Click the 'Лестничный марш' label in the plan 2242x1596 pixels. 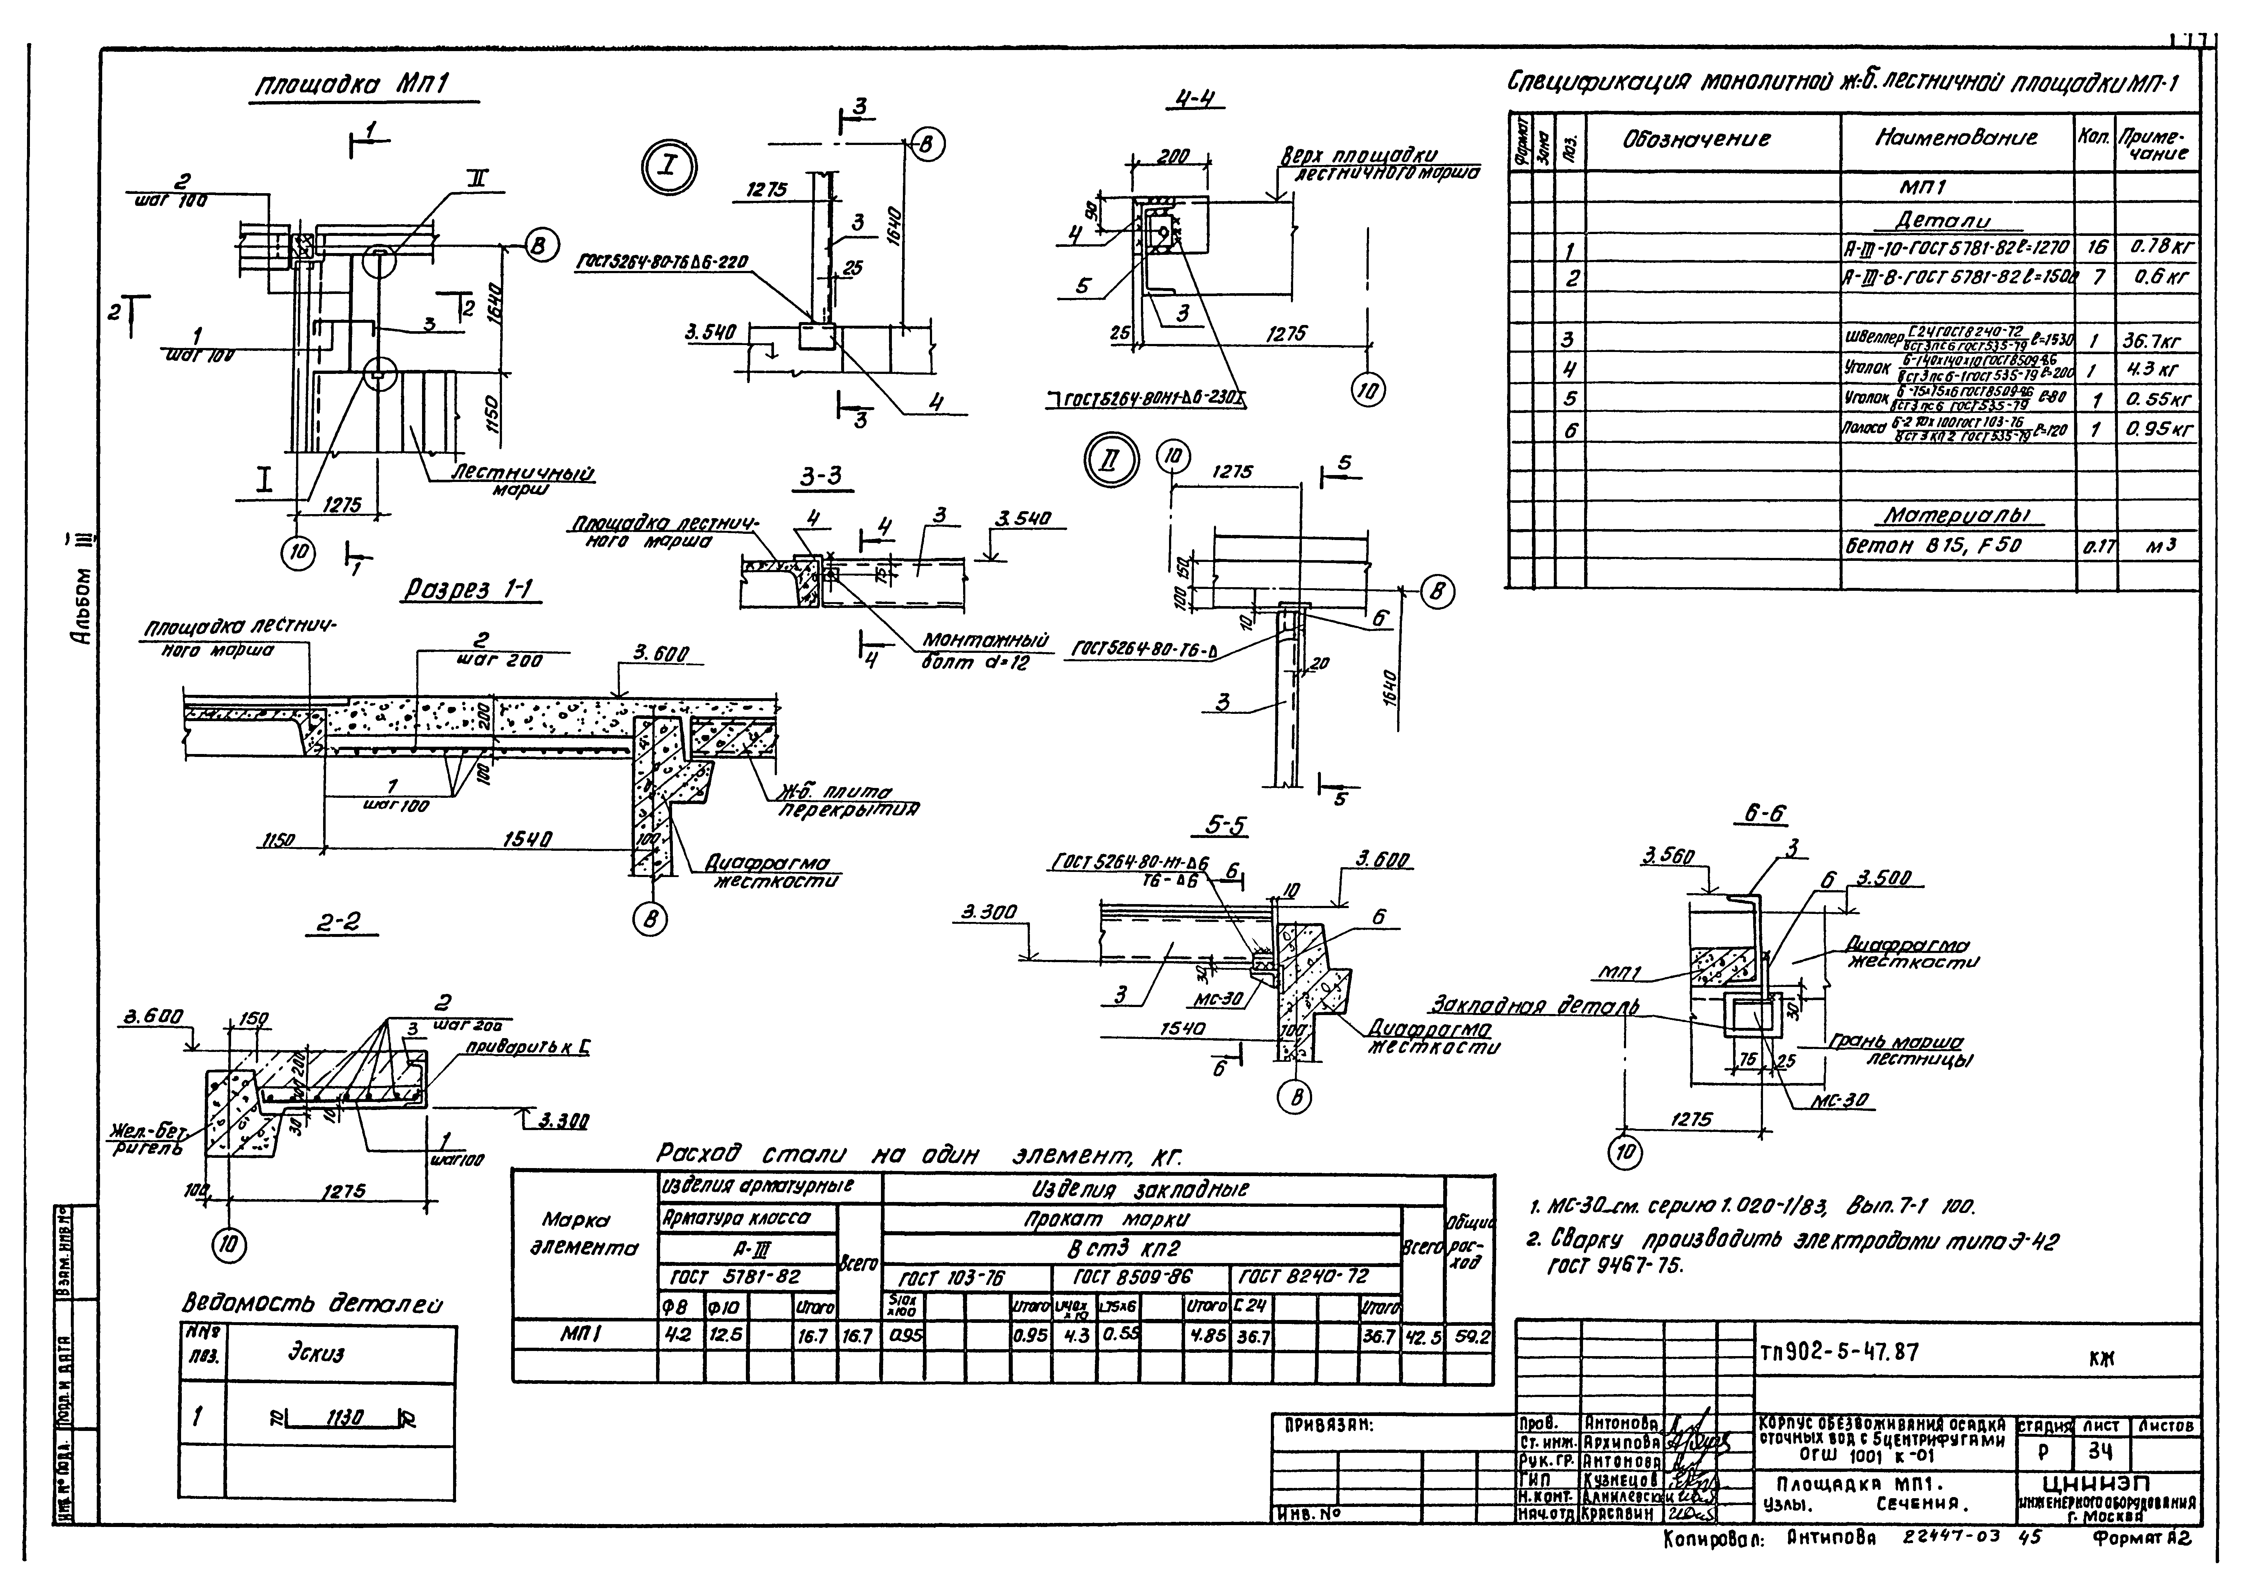coord(523,479)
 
